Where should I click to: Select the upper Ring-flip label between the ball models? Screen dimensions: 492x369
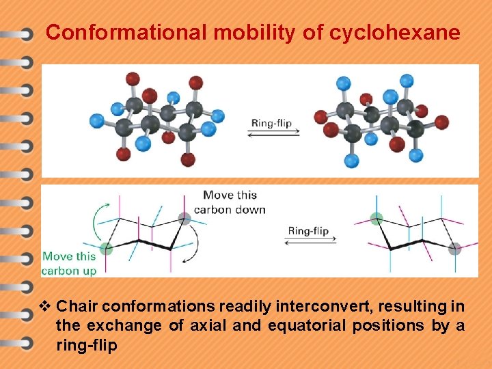click(x=271, y=124)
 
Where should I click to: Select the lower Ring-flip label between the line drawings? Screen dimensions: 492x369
click(x=308, y=231)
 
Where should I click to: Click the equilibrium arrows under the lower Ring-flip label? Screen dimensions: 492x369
click(x=308, y=241)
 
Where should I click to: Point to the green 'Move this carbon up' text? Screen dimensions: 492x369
click(x=69, y=263)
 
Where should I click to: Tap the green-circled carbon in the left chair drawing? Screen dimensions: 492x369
click(x=106, y=249)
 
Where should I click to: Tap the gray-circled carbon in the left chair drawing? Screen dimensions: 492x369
click(x=184, y=219)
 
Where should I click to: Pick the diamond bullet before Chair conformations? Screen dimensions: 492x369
click(x=46, y=305)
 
